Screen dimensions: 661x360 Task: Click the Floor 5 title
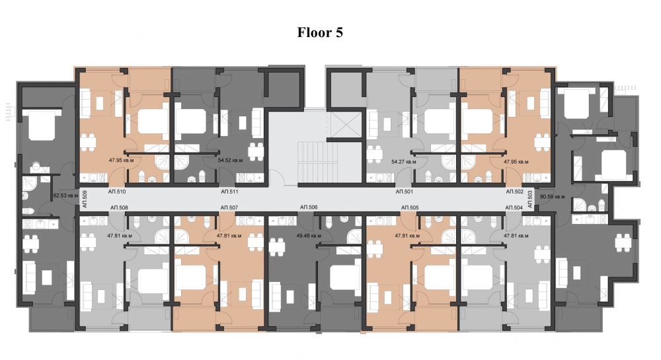pos(320,32)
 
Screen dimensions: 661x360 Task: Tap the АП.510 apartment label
pos(117,192)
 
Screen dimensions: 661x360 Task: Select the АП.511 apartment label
pos(229,192)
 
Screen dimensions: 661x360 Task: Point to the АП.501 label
pos(405,192)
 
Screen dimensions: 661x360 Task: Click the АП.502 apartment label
pos(515,192)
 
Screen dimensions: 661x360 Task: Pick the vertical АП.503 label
pos(530,199)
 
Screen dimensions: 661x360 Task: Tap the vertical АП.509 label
pos(85,199)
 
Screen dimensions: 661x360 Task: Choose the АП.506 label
pos(309,207)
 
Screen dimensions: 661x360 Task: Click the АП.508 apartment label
pos(119,207)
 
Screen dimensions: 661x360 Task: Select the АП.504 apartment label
pos(514,207)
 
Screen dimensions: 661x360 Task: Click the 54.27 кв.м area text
pos(404,161)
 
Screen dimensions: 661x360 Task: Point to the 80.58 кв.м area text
pos(552,196)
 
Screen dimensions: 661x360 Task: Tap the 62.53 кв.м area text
pos(66,196)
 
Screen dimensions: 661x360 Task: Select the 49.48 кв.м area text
pos(309,236)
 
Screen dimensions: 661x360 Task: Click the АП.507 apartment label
pos(229,207)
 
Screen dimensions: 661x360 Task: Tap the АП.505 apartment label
pos(410,207)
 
